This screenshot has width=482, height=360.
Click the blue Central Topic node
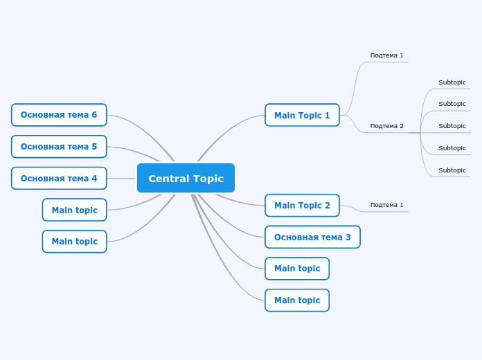186,178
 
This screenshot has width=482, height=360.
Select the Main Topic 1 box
302,115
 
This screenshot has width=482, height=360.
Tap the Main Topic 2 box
302,205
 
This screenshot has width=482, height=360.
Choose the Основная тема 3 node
312,237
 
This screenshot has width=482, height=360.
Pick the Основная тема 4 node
59,178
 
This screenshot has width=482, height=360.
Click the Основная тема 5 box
59,146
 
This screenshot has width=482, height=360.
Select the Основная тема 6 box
59,115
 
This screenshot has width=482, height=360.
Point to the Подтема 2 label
386,126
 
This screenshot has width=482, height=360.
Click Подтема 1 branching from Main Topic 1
386,55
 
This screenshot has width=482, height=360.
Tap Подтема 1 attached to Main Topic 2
386,205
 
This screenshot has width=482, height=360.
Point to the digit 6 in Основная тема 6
94,115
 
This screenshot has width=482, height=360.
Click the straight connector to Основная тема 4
121,178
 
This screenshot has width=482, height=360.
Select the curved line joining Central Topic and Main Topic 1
229,128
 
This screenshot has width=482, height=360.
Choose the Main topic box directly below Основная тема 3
297,269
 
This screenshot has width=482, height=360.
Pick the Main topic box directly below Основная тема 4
74,210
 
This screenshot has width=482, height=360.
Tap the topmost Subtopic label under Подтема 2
452,82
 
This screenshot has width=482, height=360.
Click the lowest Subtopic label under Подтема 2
452,170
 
